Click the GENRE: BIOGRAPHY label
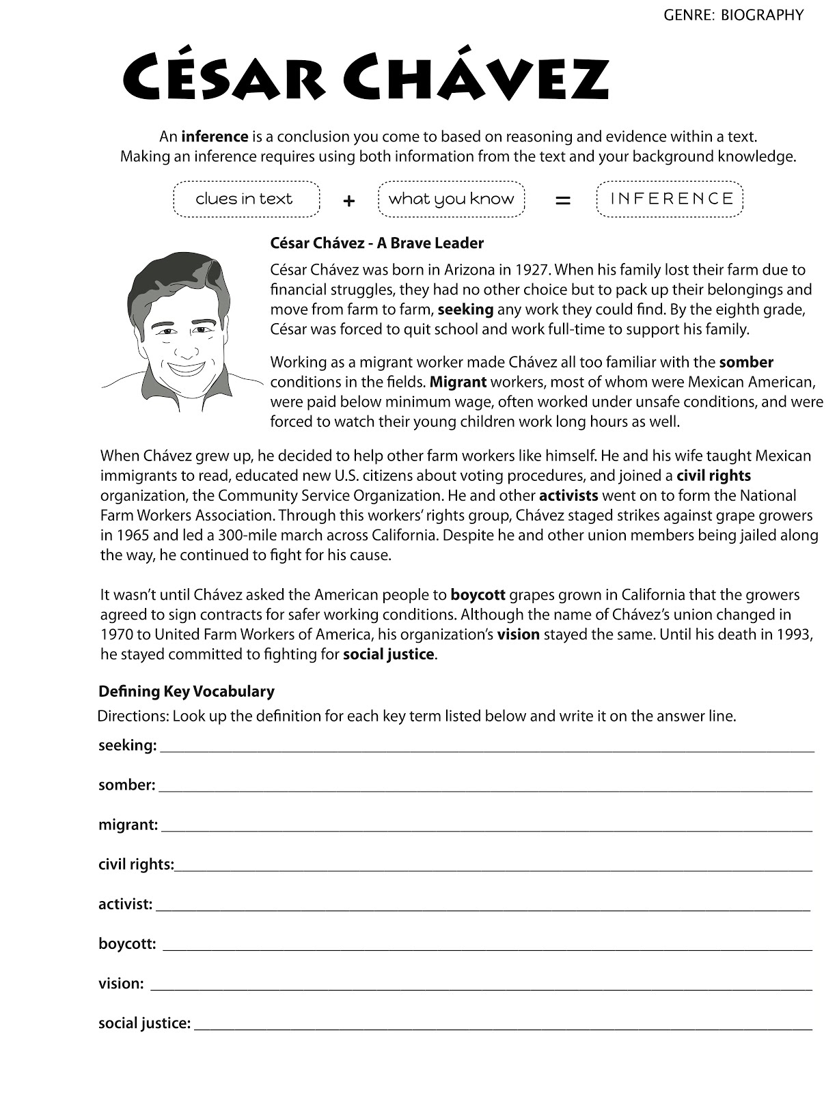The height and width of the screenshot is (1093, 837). coord(733,15)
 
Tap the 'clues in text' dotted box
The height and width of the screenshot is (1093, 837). coord(245,199)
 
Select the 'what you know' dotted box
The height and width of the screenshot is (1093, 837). coord(451,199)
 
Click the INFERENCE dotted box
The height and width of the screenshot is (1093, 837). coord(670,199)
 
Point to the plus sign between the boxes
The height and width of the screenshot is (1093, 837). coord(348,201)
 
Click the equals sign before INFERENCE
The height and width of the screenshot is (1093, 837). coord(562,201)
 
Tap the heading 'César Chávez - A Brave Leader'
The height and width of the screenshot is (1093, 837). coord(376,243)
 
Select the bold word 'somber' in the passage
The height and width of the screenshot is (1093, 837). coord(745,362)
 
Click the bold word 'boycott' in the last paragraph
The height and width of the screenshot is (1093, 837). coord(478,595)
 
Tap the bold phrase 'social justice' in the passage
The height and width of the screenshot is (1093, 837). coord(388,654)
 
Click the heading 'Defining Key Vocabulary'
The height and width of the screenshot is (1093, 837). coord(186,691)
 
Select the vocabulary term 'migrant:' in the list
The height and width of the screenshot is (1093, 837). coord(128,825)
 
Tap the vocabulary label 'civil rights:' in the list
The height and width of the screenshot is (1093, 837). coord(136,864)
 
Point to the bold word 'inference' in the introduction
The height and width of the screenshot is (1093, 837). coord(214,137)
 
